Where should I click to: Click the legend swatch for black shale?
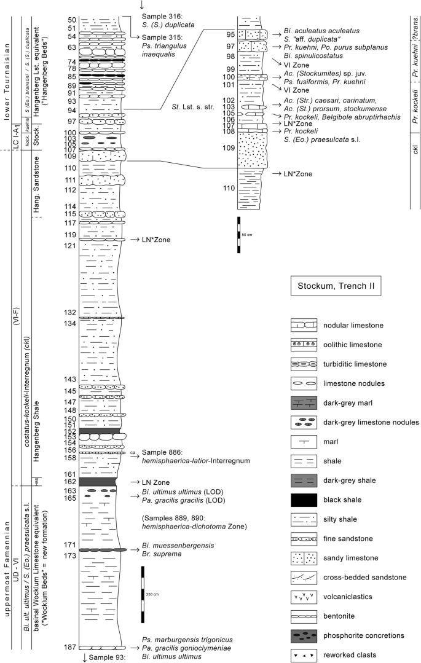305,499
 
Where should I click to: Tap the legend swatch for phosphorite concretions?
305,635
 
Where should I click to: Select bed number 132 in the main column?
69,313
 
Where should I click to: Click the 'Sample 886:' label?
160,452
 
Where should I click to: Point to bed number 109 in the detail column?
229,147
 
